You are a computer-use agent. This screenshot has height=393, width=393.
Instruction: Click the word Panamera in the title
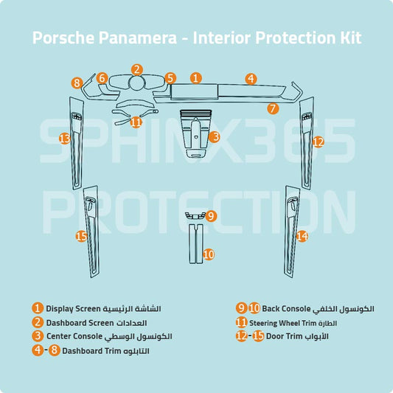coord(130,38)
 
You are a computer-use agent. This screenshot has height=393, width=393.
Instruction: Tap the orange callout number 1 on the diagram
coord(195,77)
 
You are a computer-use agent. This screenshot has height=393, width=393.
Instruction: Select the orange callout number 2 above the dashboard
coord(137,69)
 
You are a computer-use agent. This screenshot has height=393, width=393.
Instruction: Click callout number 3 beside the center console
coord(215,136)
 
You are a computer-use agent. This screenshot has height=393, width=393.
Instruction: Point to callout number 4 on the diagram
coord(251,77)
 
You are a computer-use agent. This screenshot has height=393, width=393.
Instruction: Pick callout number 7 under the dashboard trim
coord(272,108)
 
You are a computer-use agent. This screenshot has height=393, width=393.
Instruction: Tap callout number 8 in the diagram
coord(77,83)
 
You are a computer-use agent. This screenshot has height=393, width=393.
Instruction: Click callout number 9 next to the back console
coord(211,216)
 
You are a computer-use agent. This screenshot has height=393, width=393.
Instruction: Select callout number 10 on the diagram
coord(209,254)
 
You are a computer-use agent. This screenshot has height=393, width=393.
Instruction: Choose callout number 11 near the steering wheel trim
coord(136,122)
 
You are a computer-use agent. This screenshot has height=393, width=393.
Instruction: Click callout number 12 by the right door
coord(318,142)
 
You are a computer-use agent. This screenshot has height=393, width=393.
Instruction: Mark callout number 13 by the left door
coord(64,138)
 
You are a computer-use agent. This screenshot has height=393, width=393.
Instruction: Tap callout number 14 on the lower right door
coord(302,236)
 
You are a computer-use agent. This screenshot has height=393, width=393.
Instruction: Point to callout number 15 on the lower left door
coord(82,236)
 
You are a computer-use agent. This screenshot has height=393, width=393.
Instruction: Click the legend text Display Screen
coord(72,308)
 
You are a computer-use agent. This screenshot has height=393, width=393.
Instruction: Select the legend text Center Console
coord(74,336)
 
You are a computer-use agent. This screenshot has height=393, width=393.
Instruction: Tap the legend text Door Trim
coord(285,336)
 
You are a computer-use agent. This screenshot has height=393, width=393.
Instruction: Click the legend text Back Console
coord(281,308)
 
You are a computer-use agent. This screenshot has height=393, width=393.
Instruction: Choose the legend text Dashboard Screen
coord(80,322)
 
